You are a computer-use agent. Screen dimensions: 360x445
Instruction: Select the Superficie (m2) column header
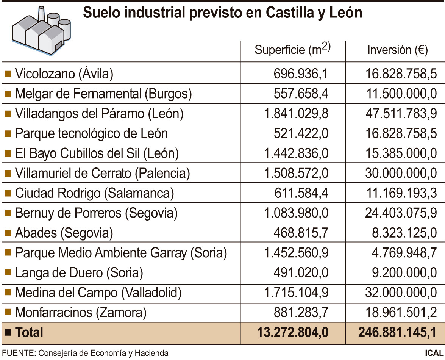point(293,50)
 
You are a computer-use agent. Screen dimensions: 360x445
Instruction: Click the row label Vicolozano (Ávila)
point(64,74)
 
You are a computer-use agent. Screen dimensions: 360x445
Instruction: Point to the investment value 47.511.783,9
point(401,113)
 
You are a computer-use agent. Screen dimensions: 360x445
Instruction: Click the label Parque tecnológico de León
point(91,133)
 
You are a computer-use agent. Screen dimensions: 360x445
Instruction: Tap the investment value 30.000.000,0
point(401,173)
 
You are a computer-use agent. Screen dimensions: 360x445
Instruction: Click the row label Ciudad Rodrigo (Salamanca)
point(94,193)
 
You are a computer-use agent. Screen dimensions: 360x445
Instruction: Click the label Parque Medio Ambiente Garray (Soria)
point(121,253)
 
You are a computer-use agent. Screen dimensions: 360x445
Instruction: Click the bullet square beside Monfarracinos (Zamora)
point(8,312)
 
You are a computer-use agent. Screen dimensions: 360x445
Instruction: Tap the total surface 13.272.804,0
point(292,332)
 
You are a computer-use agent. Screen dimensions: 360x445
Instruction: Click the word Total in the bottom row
point(29,332)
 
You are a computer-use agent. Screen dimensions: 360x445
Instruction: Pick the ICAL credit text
point(434,353)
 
